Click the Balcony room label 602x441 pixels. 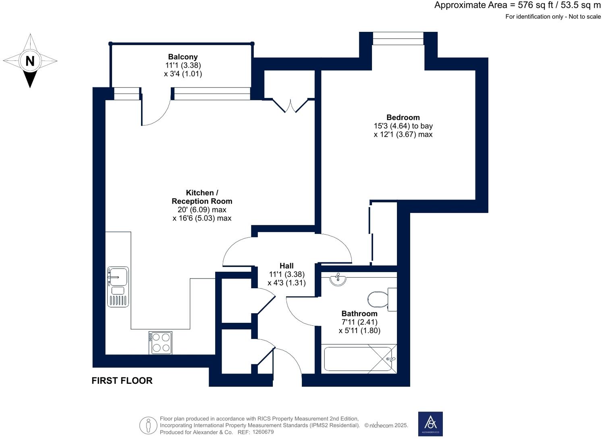pyautogui.click(x=183, y=57)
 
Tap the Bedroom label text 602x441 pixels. pyautogui.click(x=403, y=117)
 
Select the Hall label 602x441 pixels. pyautogui.click(x=286, y=266)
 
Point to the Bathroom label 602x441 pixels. pyautogui.click(x=359, y=313)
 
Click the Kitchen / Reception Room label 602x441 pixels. pyautogui.click(x=202, y=197)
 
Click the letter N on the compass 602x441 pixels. pyautogui.click(x=30, y=61)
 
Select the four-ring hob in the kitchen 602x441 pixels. pyautogui.click(x=160, y=343)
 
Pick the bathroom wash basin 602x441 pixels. pyautogui.click(x=338, y=279)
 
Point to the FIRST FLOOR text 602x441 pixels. pyautogui.click(x=122, y=381)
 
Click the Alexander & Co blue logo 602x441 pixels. pyautogui.click(x=430, y=424)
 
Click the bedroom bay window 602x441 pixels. pyautogui.click(x=398, y=39)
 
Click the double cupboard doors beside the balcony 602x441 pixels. pyautogui.click(x=289, y=106)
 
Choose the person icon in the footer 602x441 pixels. pyautogui.click(x=148, y=425)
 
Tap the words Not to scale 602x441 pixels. pyautogui.click(x=584, y=17)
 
